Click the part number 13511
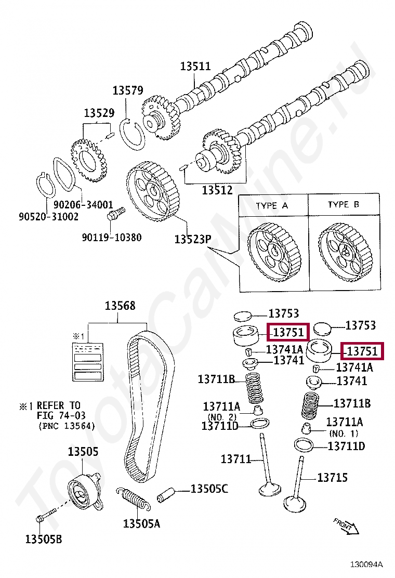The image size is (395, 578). [x=195, y=67]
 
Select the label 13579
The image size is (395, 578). [x=128, y=90]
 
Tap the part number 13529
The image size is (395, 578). [x=99, y=113]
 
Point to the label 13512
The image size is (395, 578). [x=217, y=190]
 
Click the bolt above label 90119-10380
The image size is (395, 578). [x=115, y=214]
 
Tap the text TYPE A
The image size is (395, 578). [x=272, y=205]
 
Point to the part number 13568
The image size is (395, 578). [x=120, y=306]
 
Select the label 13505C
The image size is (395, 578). [x=209, y=489]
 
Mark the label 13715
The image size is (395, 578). [x=332, y=477]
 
